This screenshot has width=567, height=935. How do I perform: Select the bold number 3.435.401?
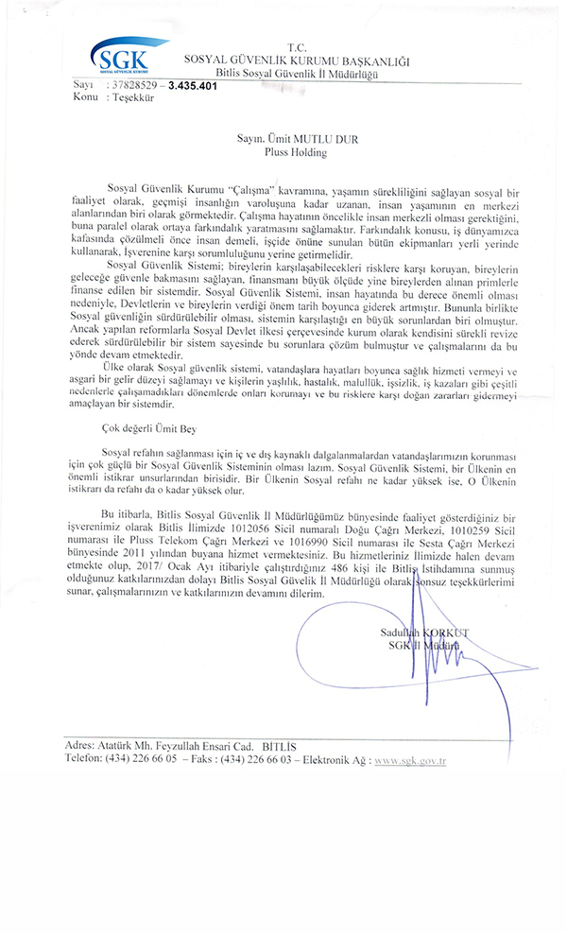pos(193,85)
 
